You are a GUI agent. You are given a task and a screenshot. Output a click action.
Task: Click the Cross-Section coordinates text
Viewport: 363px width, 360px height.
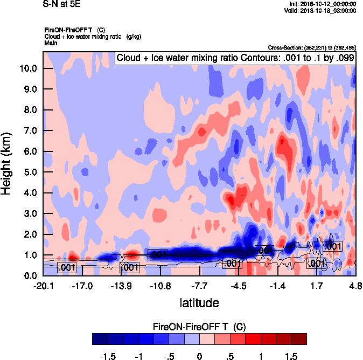coord(312,47)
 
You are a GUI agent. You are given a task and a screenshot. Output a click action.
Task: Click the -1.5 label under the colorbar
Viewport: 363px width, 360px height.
coord(108,356)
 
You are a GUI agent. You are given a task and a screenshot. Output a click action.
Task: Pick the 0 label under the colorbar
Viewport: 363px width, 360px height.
coord(199,356)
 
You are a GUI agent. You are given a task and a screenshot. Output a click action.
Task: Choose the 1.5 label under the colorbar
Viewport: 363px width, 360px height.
coord(291,356)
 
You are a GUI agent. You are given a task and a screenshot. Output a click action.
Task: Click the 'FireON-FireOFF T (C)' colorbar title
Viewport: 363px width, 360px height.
coord(199,327)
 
